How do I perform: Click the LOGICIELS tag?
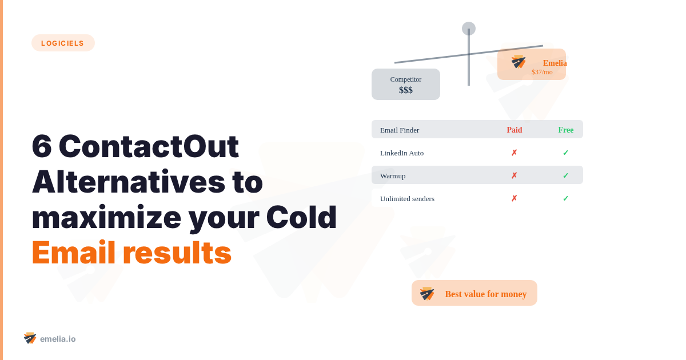pyautogui.click(x=63, y=43)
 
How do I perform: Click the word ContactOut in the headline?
pyautogui.click(x=149, y=146)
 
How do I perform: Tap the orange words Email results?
pyautogui.click(x=131, y=253)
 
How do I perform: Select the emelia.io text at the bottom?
pyautogui.click(x=58, y=339)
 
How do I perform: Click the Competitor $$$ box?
pyautogui.click(x=406, y=85)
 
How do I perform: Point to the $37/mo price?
pyautogui.click(x=542, y=72)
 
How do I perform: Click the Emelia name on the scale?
pyautogui.click(x=555, y=63)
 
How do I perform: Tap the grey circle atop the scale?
pyautogui.click(x=469, y=29)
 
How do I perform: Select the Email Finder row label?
pyautogui.click(x=400, y=130)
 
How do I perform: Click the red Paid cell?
pyautogui.click(x=514, y=130)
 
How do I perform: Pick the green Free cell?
pyautogui.click(x=565, y=130)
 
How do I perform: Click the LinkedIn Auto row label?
pyautogui.click(x=402, y=153)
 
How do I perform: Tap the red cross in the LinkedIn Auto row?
pyautogui.click(x=514, y=153)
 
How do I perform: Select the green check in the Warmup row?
pyautogui.click(x=565, y=175)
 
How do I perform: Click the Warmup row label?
pyautogui.click(x=393, y=175)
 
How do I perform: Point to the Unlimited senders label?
pyautogui.click(x=407, y=198)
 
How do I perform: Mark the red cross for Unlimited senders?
pyautogui.click(x=514, y=198)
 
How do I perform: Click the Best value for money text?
pyautogui.click(x=486, y=294)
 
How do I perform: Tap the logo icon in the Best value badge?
pyautogui.click(x=427, y=294)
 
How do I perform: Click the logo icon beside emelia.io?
pyautogui.click(x=30, y=338)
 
